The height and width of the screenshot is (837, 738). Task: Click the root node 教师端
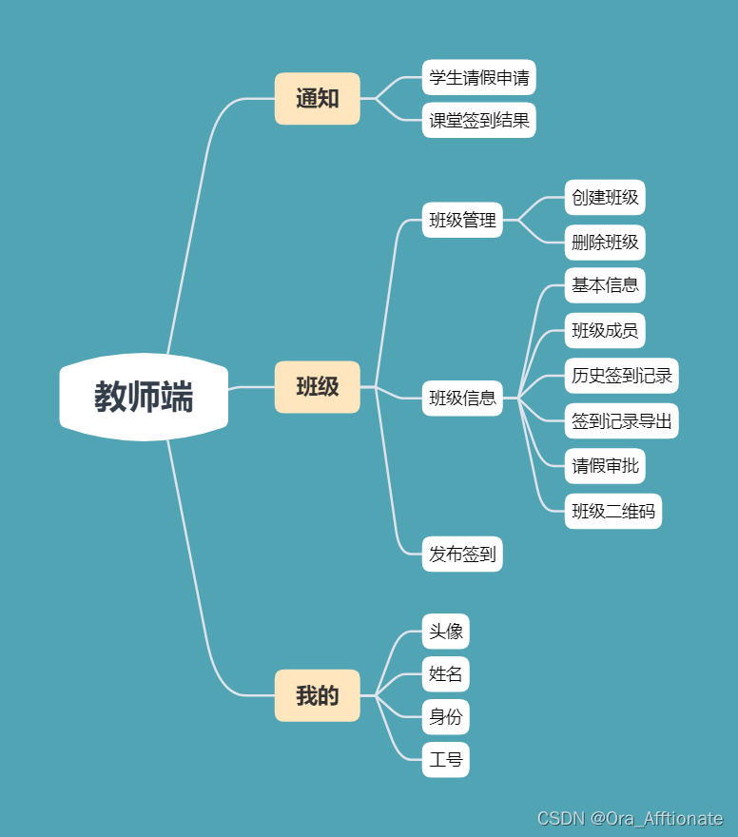pyautogui.click(x=144, y=397)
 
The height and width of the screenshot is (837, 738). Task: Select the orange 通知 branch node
pyautogui.click(x=317, y=98)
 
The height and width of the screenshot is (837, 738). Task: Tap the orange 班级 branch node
pyautogui.click(x=317, y=387)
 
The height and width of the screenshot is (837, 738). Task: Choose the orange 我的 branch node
pyautogui.click(x=317, y=695)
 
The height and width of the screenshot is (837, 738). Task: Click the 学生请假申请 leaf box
pyautogui.click(x=478, y=78)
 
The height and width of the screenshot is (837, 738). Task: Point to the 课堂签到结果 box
pyautogui.click(x=478, y=121)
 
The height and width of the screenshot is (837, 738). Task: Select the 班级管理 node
pyautogui.click(x=462, y=221)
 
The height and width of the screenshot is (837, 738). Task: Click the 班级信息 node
pyautogui.click(x=462, y=398)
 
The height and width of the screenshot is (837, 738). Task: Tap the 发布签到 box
pyautogui.click(x=462, y=555)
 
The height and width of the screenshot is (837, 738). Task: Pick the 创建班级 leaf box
pyautogui.click(x=605, y=198)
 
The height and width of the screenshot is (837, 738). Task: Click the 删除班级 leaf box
pyautogui.click(x=605, y=242)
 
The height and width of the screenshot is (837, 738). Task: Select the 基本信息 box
pyautogui.click(x=605, y=284)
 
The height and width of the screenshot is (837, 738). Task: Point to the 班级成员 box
pyautogui.click(x=605, y=331)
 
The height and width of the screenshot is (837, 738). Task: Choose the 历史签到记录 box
pyautogui.click(x=621, y=376)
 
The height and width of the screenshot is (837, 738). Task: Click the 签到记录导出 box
pyautogui.click(x=621, y=420)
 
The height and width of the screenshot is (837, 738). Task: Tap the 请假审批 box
pyautogui.click(x=605, y=466)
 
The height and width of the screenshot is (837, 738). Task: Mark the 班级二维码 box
pyautogui.click(x=612, y=512)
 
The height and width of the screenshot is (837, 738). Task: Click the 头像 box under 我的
pyautogui.click(x=445, y=632)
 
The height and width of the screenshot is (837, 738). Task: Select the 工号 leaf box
pyautogui.click(x=445, y=759)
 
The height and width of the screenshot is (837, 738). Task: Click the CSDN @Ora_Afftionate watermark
pyautogui.click(x=630, y=819)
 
